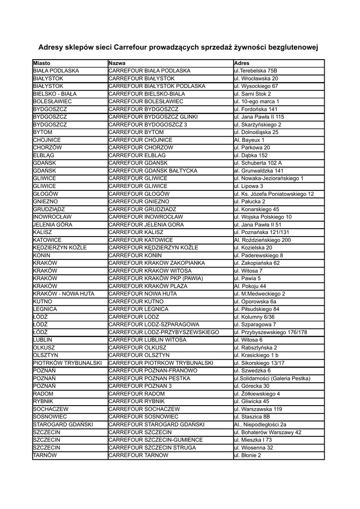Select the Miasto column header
(x=42, y=63)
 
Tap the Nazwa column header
(x=117, y=63)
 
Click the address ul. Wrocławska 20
(x=256, y=79)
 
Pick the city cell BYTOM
(x=42, y=132)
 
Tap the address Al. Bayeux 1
(x=249, y=140)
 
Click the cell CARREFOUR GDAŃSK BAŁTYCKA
(x=153, y=170)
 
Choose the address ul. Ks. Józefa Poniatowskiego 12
(x=274, y=194)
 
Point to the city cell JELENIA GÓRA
(x=52, y=225)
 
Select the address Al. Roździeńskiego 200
(x=262, y=240)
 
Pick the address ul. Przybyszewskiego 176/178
(x=270, y=332)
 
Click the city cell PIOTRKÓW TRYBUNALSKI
(x=67, y=363)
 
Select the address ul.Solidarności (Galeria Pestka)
(x=272, y=378)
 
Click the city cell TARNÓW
(x=44, y=455)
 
